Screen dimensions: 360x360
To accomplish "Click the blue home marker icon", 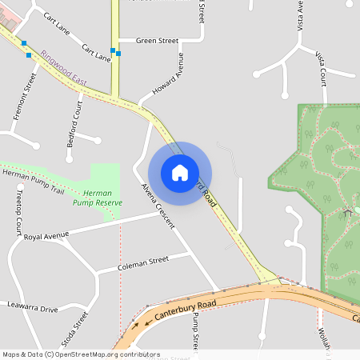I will pyautogui.click(x=180, y=173).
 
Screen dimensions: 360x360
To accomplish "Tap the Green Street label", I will pyautogui.click(x=157, y=40).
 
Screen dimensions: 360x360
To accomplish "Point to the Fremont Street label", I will pyautogui.click(x=26, y=97).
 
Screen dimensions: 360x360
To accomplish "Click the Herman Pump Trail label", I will pyautogui.click(x=32, y=175).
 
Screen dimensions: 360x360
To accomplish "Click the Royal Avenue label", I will pyautogui.click(x=46, y=236).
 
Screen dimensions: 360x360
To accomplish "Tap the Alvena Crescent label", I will pyautogui.click(x=158, y=206).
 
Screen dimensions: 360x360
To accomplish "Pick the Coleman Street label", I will pyautogui.click(x=143, y=261).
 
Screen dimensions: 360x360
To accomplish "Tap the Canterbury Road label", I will pyautogui.click(x=186, y=306).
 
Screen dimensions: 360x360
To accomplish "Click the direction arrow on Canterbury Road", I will pyautogui.click(x=146, y=323).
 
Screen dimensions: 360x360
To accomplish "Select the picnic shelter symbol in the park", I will pyautogui.click(x=347, y=212).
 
